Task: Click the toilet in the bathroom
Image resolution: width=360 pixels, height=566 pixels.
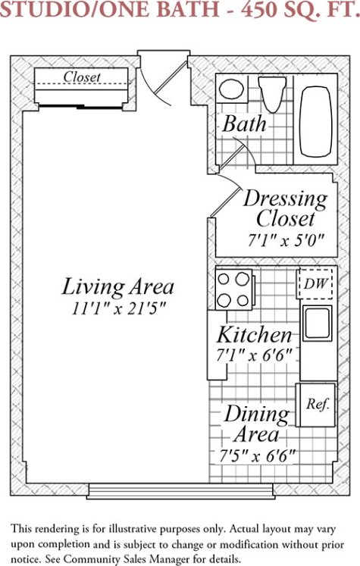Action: (272, 94)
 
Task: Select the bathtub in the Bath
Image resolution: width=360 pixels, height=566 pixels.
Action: (316, 121)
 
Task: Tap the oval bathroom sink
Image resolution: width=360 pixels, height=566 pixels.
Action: (231, 89)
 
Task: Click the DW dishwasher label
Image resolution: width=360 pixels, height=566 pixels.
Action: (315, 283)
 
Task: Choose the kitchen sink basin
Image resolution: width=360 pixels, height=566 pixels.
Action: (317, 323)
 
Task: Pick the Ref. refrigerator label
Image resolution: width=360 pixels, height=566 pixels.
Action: (318, 404)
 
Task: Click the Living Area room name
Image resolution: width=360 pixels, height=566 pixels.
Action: (117, 287)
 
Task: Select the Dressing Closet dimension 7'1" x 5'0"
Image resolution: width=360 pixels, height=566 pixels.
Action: (286, 240)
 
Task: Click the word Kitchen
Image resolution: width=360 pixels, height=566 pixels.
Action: (254, 335)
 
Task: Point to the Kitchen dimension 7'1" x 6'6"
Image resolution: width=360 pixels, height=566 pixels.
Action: (254, 356)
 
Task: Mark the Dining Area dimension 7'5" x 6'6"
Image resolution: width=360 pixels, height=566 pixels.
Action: (258, 456)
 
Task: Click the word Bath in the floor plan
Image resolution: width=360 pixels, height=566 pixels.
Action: (245, 124)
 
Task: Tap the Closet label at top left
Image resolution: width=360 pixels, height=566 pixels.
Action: (82, 77)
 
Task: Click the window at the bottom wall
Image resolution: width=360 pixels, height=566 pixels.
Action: (180, 491)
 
